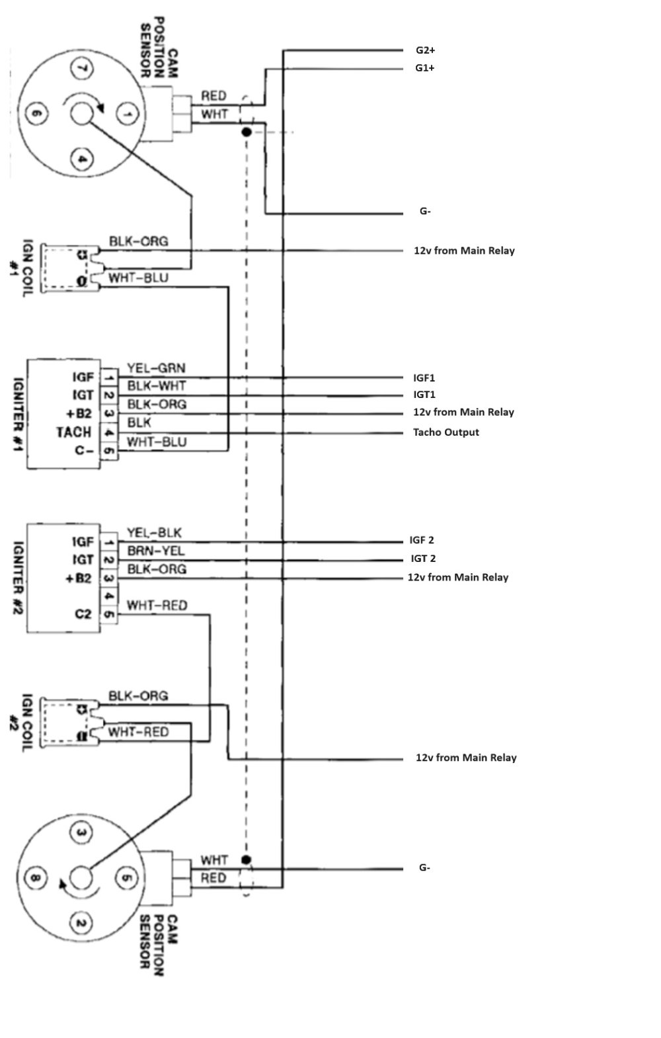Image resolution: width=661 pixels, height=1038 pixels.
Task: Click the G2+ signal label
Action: (425, 50)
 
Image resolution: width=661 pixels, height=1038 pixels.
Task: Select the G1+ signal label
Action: (425, 68)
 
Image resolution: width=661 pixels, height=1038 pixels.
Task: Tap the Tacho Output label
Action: (446, 432)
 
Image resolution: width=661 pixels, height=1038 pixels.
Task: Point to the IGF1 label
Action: (424, 378)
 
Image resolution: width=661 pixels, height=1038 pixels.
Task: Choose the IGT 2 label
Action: (423, 559)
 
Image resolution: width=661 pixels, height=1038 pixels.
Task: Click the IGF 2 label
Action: (422, 540)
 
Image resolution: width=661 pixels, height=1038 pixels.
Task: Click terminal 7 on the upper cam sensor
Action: (82, 68)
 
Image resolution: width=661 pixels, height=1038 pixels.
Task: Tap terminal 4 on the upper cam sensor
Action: (82, 159)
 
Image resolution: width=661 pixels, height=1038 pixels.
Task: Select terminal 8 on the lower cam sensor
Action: (35, 879)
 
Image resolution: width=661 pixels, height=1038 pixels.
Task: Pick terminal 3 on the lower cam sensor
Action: (81, 833)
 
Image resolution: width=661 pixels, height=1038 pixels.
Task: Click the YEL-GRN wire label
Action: (156, 368)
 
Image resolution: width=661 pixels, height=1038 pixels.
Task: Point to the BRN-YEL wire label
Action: (156, 551)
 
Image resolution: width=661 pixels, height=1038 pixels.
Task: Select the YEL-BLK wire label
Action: (154, 533)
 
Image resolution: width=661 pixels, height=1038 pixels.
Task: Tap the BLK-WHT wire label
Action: (157, 385)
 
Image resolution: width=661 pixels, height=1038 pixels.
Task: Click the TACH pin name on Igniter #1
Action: (73, 432)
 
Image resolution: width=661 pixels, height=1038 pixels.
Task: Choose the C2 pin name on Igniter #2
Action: (83, 614)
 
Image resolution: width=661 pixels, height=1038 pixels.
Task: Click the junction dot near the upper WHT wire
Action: (246, 132)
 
